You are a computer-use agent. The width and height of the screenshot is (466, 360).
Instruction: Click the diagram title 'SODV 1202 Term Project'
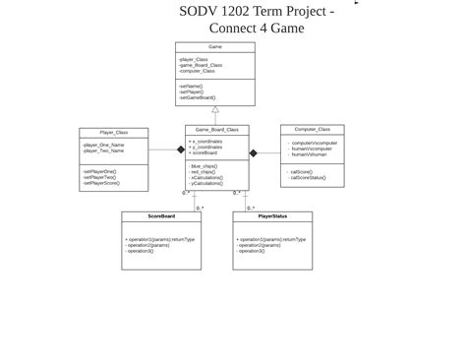pos(256,12)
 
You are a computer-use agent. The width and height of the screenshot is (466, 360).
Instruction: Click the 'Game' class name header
pos(214,47)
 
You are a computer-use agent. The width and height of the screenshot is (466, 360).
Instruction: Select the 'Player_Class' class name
pos(113,133)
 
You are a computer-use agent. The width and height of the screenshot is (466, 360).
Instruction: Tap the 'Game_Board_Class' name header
pos(216,130)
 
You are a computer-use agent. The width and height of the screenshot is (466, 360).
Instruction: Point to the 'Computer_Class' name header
pos(312,130)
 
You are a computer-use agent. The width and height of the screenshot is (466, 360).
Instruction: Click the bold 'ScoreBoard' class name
pos(161,216)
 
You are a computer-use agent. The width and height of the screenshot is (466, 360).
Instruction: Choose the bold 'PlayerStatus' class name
pos(272,216)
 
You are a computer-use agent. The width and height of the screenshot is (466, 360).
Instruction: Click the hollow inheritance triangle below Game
pos(215,110)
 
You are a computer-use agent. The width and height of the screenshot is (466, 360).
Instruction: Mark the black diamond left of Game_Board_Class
pos(181,150)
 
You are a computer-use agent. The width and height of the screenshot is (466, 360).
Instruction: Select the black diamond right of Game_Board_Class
pos(253,153)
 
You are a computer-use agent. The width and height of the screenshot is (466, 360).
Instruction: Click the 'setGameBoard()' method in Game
pos(197,98)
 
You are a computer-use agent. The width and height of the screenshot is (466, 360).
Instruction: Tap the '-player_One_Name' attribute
pos(103,146)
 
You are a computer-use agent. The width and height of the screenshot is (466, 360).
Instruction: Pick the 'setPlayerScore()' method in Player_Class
pos(101,184)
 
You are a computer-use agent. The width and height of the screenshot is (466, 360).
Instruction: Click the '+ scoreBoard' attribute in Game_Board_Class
pos(204,153)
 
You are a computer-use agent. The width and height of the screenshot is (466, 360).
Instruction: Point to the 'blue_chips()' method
pos(204,167)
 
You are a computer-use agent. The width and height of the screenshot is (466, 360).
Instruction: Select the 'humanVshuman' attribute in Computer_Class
pos(309,154)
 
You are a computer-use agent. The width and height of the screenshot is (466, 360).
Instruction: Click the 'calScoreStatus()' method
pos(307,178)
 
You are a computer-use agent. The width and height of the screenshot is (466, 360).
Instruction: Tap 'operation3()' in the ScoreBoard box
pos(140,251)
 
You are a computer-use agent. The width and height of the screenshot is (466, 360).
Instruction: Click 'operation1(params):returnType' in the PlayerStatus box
pos(271,239)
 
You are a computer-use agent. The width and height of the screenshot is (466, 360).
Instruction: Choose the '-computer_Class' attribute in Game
pos(197,71)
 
